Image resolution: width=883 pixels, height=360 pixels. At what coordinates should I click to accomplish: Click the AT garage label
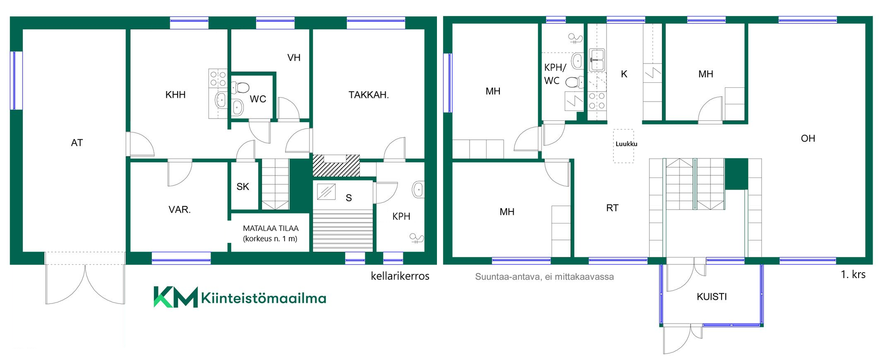pos(77,143)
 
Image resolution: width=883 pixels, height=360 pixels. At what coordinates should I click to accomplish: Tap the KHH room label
pos(175,95)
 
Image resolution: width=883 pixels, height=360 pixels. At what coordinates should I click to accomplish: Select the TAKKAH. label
pos(368,95)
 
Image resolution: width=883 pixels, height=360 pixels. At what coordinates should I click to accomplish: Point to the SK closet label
pos(243,187)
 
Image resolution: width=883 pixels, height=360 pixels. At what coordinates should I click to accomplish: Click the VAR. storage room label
pos(179,210)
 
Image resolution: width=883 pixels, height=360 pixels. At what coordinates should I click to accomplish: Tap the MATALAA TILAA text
pos(271,228)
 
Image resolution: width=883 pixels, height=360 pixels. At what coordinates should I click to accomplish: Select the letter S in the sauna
pos(349,198)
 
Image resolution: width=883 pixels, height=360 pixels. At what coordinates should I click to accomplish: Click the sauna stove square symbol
pos(326,191)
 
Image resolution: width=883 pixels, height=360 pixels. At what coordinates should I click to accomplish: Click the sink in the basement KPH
pos(418,189)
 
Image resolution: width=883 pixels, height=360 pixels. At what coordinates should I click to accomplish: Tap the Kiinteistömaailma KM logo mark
pos(175,297)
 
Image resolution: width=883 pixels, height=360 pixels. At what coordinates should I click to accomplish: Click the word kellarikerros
pos(400,276)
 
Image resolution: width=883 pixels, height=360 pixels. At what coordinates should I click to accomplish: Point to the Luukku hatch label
pos(626,144)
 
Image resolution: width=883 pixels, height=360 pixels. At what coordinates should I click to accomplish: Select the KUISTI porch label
pos(712,297)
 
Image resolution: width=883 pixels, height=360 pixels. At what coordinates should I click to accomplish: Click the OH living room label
pos(808,138)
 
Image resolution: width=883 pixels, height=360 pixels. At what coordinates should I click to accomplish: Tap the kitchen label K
pos(624,74)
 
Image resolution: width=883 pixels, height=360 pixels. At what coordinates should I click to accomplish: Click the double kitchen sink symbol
pos(597,60)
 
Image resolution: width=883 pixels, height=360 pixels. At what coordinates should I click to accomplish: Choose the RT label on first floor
pos(612,208)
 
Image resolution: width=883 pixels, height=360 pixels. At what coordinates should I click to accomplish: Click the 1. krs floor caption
pos(853,274)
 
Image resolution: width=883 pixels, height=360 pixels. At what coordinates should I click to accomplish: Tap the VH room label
pos(294,58)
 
